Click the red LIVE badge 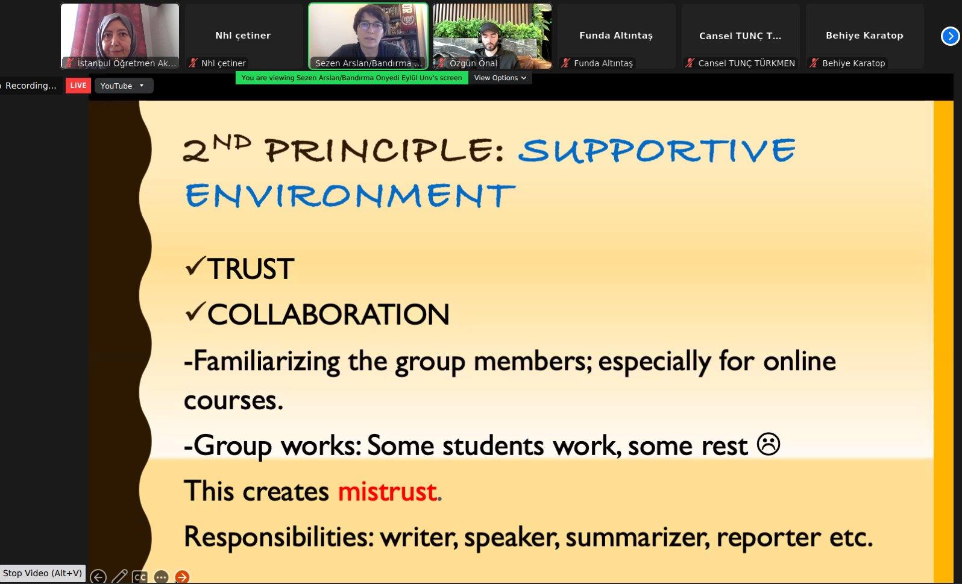point(78,86)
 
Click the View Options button point(500,78)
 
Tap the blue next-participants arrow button point(949,36)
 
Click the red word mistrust point(388,491)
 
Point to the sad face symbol point(769,444)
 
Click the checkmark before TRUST point(194,266)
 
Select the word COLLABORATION point(328,315)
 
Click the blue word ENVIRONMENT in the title point(350,195)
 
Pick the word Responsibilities point(278,537)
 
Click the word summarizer point(637,538)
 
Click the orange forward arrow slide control point(182,577)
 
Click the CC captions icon point(140,577)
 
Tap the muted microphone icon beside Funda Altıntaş point(565,63)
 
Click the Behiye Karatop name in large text point(864,35)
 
